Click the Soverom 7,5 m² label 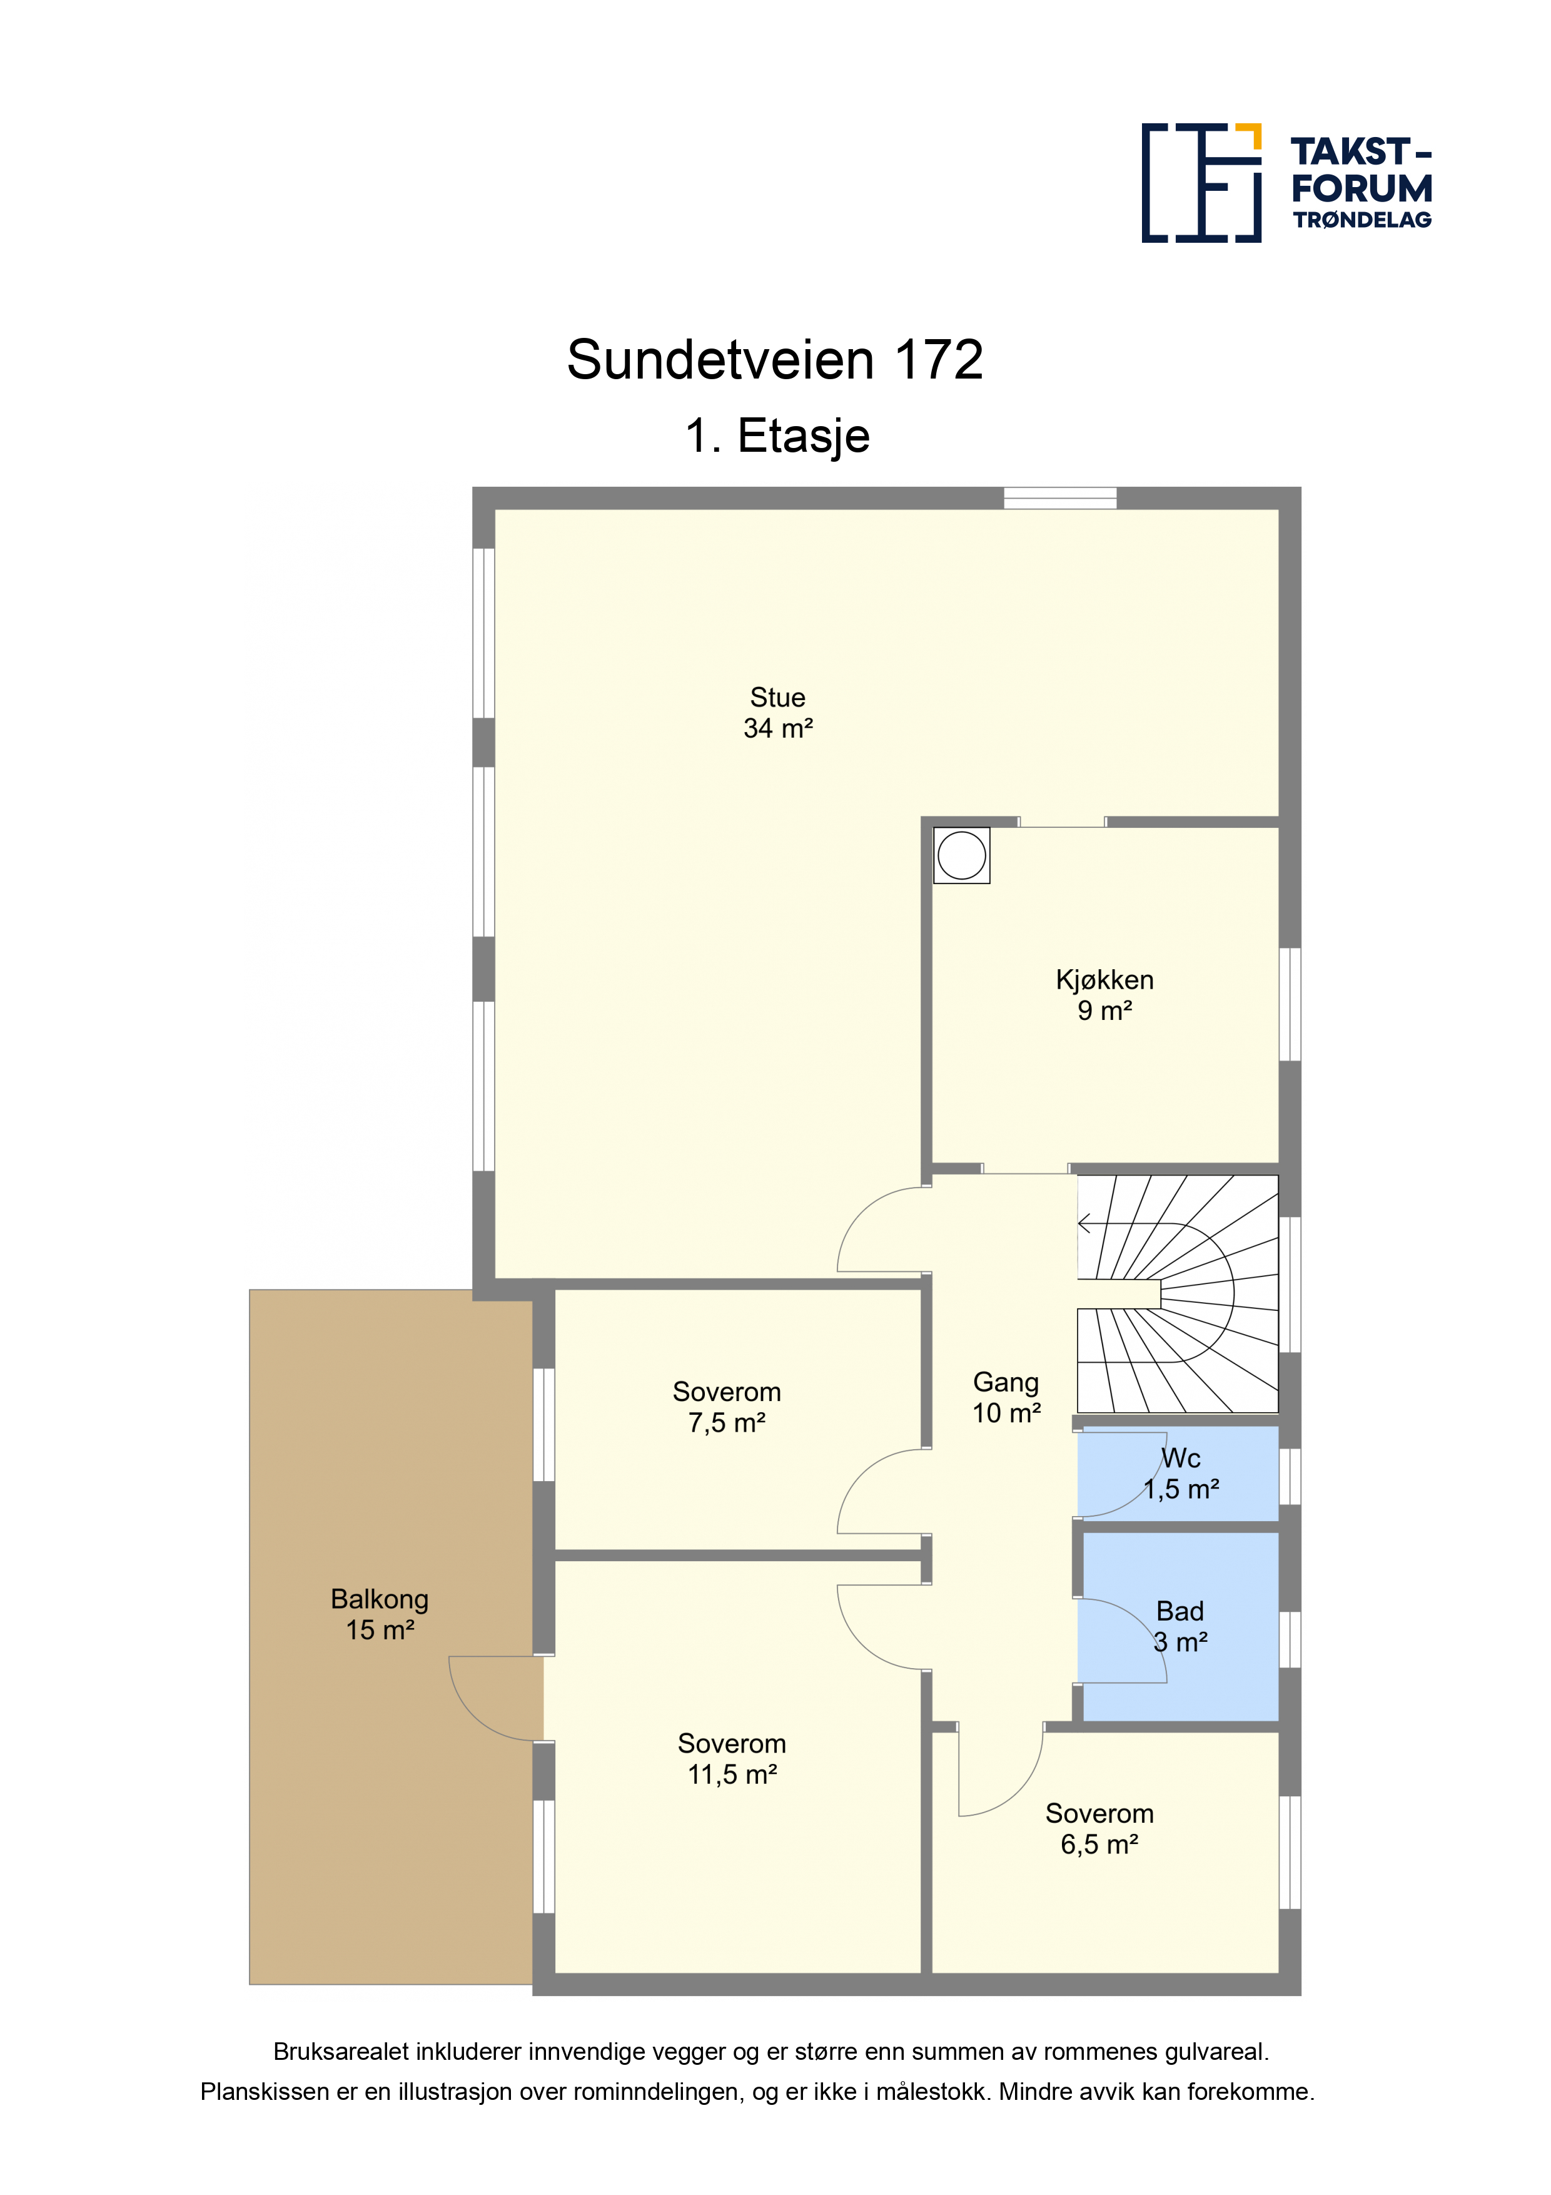727,1407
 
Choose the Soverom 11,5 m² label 732,1758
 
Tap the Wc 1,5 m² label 1182,1473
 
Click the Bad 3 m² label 1180,1626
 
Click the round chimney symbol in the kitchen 961,855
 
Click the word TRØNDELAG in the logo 1363,220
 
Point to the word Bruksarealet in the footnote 341,2052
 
